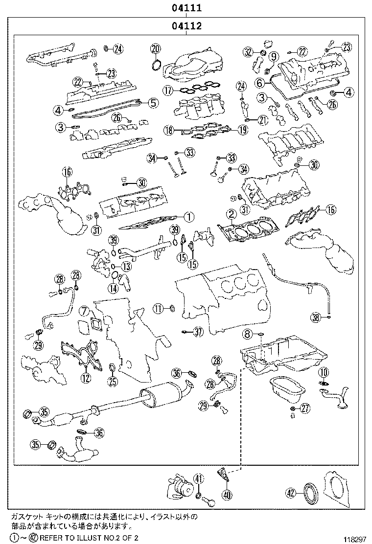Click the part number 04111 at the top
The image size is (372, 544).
[186, 8]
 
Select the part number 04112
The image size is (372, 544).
[186, 26]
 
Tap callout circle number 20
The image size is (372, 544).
[155, 48]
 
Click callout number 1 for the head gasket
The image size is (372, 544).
[189, 216]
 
